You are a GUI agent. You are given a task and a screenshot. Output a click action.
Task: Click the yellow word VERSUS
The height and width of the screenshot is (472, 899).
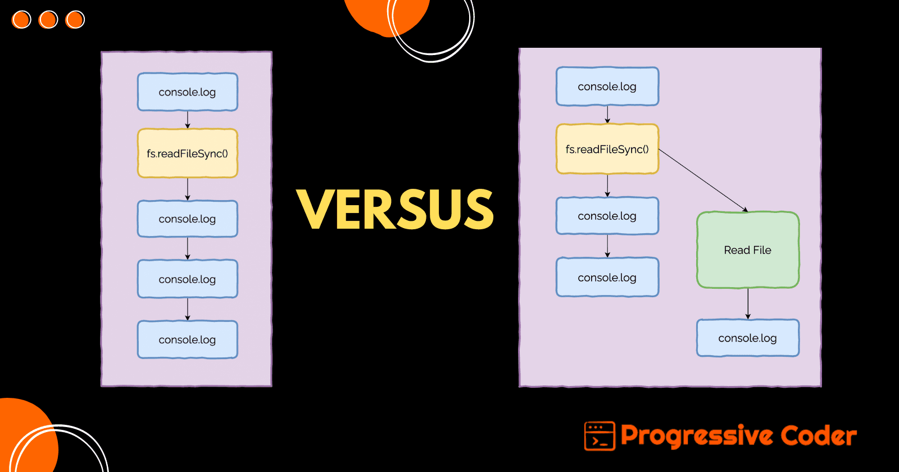pos(395,209)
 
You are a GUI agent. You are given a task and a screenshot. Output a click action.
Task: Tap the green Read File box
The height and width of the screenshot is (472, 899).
pos(747,250)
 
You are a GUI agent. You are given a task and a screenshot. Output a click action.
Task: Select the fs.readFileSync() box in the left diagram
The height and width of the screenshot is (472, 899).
pos(188,153)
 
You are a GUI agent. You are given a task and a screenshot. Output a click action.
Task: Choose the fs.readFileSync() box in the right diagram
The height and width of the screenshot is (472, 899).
pos(607,149)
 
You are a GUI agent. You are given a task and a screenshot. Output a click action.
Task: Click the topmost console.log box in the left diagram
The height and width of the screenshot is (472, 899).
pos(188,92)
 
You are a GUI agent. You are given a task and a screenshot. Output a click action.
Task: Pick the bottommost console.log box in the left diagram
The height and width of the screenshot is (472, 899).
pos(188,339)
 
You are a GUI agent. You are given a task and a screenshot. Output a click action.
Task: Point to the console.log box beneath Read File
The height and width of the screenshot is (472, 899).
pos(747,338)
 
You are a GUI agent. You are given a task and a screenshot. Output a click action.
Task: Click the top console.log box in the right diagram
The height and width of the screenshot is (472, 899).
pos(607,87)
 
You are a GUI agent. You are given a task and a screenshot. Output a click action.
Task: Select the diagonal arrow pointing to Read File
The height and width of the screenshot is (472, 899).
pos(702,180)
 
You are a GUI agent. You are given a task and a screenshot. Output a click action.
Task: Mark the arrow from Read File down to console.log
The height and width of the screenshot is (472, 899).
pos(748,303)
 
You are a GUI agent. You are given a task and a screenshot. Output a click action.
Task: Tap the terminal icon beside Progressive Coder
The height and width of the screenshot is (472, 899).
pos(600,436)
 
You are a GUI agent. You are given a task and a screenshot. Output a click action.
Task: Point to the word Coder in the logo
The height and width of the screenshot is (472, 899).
pos(819,436)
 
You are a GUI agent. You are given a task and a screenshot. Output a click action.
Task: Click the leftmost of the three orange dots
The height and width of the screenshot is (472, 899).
pos(21,20)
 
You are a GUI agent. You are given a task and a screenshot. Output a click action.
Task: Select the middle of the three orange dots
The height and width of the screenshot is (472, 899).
pos(48,20)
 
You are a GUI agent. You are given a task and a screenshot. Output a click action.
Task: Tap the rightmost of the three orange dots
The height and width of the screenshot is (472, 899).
pos(75,20)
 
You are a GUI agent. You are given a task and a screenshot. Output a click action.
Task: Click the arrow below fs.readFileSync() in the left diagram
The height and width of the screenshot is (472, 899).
pos(188,189)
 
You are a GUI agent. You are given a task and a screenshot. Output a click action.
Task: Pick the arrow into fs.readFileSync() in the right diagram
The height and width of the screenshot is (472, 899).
pos(607,115)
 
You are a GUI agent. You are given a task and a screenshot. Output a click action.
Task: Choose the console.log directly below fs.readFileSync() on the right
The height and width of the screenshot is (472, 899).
pos(607,216)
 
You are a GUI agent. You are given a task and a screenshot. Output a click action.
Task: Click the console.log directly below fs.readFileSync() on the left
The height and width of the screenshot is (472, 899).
pos(188,219)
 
